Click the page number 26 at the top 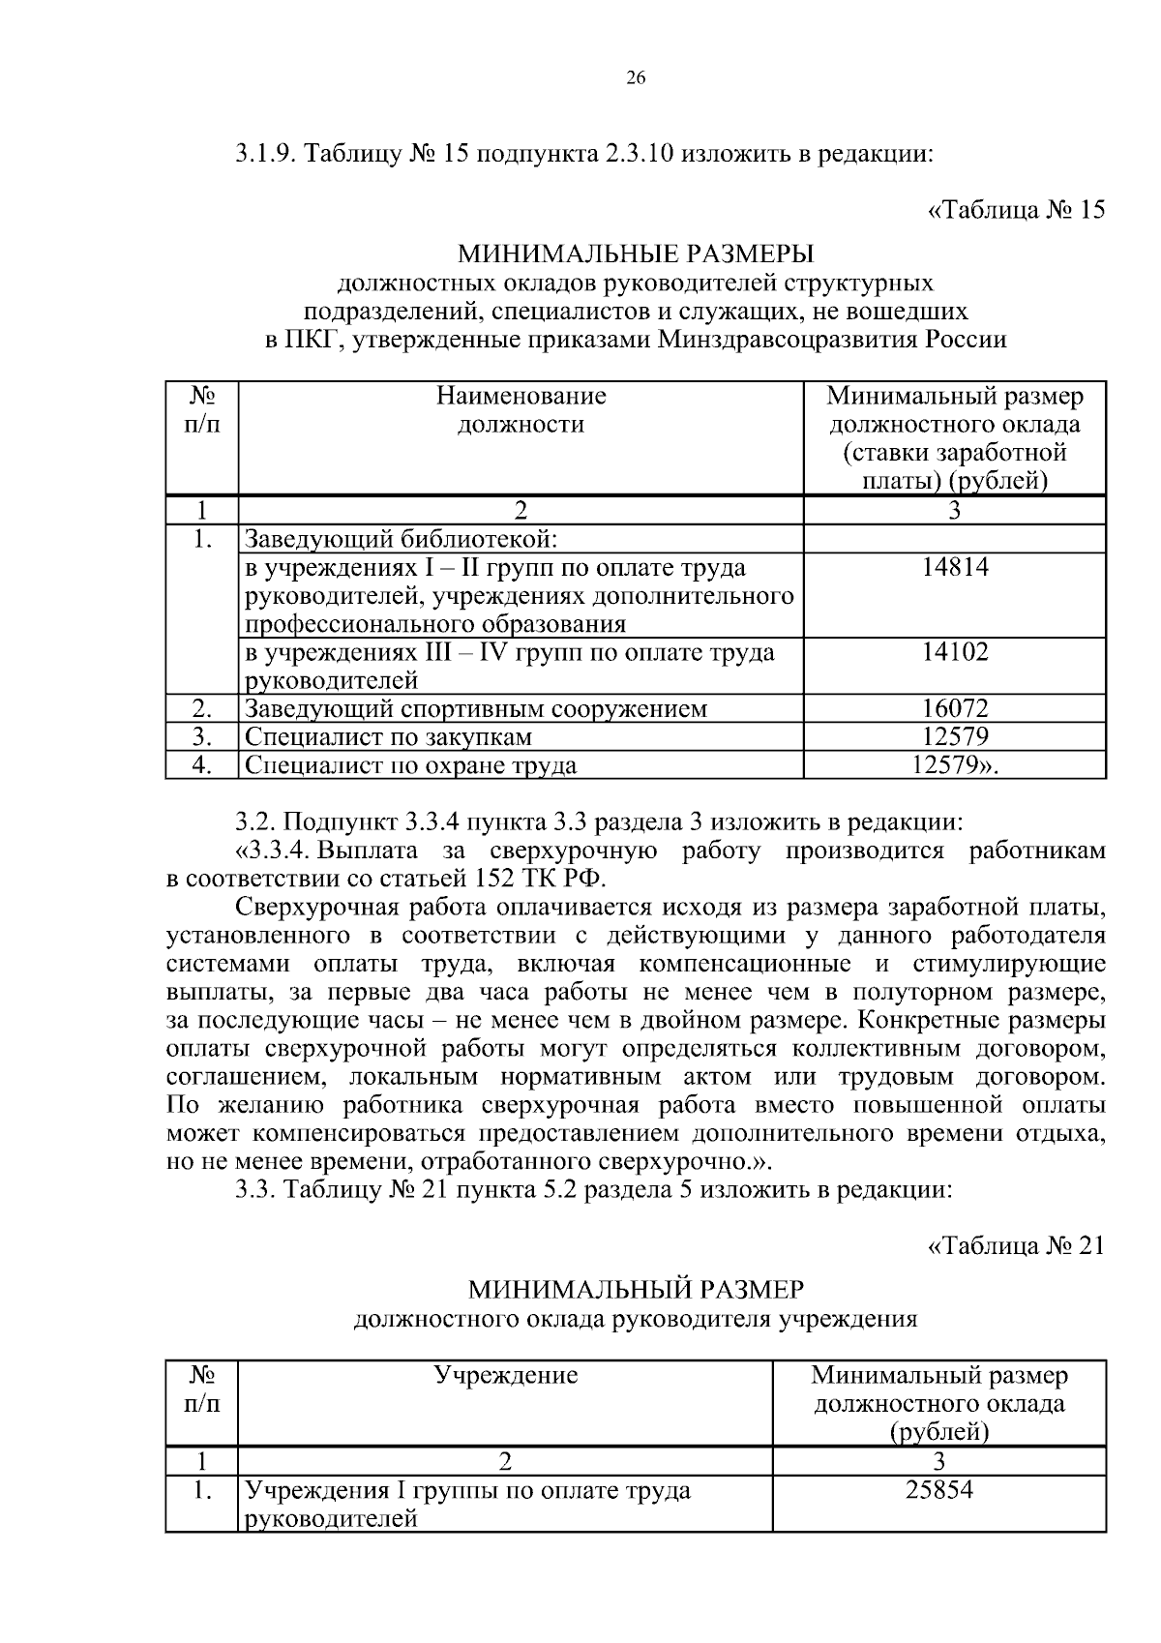click(636, 79)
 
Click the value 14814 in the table click(955, 568)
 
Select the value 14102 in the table click(955, 652)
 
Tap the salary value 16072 click(955, 709)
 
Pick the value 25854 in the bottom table click(938, 1490)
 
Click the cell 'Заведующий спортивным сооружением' click(475, 709)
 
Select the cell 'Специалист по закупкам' click(388, 737)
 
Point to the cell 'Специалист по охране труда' click(410, 765)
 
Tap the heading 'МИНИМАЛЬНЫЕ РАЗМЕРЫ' click(636, 254)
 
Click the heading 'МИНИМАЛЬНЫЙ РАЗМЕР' click(636, 1290)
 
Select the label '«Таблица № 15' click(1016, 210)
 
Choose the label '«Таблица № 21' click(1016, 1245)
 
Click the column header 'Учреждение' click(505, 1375)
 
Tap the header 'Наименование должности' click(521, 410)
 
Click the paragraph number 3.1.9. click(267, 155)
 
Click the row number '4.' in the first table click(201, 765)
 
